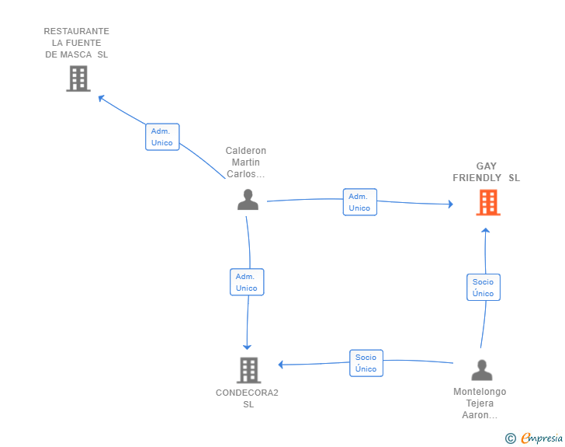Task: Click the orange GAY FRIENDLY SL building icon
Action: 488,203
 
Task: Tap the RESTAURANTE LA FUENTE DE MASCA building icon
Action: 78,79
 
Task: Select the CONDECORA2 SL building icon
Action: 248,370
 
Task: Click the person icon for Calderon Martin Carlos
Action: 248,199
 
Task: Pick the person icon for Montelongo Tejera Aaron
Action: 482,370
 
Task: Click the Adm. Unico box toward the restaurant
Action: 162,137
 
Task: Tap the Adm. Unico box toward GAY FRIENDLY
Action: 359,202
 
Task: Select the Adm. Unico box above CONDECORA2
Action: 247,282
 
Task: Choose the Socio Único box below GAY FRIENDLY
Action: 484,288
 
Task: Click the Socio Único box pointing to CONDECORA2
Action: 366,363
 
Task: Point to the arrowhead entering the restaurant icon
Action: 101,97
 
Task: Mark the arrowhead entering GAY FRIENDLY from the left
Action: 451,204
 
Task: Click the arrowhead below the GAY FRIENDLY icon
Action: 485,230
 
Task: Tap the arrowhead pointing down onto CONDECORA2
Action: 247,347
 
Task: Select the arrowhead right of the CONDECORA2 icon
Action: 281,365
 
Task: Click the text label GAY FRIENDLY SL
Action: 486,172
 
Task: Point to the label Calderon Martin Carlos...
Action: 246,162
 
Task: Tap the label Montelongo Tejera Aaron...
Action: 480,403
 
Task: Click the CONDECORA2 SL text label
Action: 247,398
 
